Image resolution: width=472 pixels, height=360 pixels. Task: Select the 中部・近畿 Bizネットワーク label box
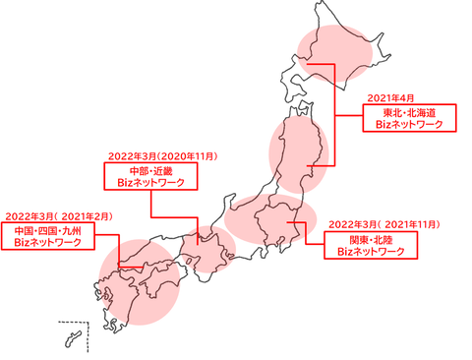tap(151, 176)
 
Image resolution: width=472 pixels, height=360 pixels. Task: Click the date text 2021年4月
tap(389, 97)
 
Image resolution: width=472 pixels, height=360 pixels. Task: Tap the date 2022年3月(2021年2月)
tap(58, 214)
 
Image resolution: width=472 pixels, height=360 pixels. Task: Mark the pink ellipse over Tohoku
tap(297, 152)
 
